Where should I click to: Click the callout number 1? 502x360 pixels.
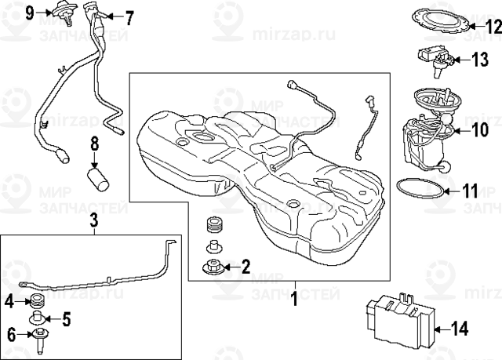pyautogui.click(x=294, y=298)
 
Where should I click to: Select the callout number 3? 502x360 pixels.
pyautogui.click(x=93, y=220)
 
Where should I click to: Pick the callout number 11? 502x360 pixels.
pyautogui.click(x=468, y=190)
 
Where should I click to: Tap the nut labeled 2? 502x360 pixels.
pyautogui.click(x=211, y=267)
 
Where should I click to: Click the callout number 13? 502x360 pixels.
pyautogui.click(x=480, y=59)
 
